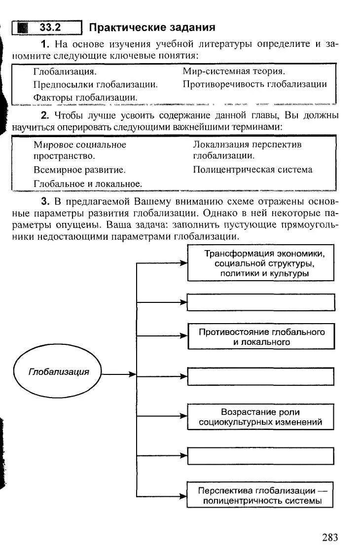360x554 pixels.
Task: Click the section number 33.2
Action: tap(49, 28)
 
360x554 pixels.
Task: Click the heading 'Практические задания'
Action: tap(152, 27)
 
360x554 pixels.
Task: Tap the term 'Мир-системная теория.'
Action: tap(234, 72)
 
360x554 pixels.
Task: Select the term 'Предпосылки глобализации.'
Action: tap(95, 84)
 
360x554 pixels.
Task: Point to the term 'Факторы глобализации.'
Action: tap(85, 97)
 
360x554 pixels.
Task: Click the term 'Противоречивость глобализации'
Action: tap(254, 84)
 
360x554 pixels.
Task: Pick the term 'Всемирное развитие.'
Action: tap(79, 170)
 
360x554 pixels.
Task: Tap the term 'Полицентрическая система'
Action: tap(252, 170)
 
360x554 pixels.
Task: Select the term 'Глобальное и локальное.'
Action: tap(88, 183)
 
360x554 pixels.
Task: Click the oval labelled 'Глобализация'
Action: tap(59, 372)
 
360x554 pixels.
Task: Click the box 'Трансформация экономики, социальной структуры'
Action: tap(261, 263)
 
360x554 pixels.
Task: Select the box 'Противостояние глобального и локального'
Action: tap(261, 336)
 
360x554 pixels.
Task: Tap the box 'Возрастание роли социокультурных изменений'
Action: tap(261, 417)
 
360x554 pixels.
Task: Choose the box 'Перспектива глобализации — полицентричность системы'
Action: tap(260, 495)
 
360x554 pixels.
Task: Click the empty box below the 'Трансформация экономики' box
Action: tap(261, 302)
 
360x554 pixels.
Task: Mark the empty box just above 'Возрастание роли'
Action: tap(261, 376)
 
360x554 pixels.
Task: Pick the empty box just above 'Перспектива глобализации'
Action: tap(261, 456)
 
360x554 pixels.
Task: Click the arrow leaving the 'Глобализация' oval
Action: tap(118, 374)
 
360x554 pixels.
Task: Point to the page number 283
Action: tap(330, 537)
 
